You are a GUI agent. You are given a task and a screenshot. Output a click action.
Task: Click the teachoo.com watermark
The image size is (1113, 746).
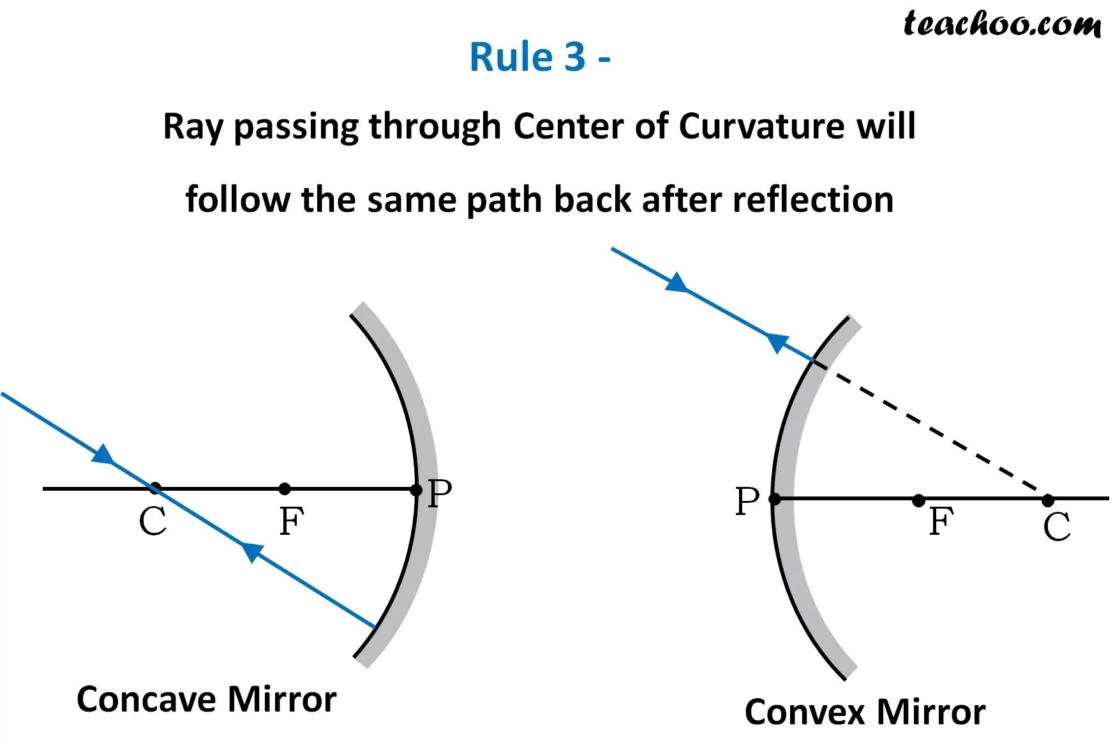pos(1001,24)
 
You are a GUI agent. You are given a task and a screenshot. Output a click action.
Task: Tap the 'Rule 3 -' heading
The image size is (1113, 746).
pos(539,57)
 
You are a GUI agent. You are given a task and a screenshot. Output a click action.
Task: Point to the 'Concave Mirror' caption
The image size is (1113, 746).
pos(206,699)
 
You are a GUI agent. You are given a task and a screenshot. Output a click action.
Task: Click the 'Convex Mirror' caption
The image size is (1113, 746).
pos(865,712)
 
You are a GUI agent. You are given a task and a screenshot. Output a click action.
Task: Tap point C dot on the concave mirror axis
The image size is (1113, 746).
pos(154,489)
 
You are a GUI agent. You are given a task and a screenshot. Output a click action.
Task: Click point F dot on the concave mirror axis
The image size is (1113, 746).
pos(285,489)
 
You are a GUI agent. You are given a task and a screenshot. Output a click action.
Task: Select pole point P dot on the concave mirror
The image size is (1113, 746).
pos(416,490)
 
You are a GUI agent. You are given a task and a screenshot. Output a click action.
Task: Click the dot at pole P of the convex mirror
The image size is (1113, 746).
pos(775,499)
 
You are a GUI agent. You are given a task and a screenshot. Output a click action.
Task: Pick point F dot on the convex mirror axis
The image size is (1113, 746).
pos(918,500)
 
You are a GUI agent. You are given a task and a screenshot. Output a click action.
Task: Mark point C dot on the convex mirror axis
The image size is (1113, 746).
pos(1048,500)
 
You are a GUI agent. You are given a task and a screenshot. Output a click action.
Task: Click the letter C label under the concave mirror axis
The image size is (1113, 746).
pos(153,521)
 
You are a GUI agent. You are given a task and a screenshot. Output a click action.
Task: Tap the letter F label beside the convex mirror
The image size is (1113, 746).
pos(941,521)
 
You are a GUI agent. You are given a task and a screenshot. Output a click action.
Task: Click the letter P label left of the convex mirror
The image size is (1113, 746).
pos(747,501)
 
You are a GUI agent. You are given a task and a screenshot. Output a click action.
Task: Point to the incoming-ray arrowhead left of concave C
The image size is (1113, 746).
pos(104,455)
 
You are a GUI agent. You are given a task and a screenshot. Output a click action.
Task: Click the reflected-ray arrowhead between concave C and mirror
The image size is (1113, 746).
pos(251,551)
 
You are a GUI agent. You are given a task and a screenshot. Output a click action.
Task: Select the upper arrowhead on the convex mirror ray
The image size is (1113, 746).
pos(677,283)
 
